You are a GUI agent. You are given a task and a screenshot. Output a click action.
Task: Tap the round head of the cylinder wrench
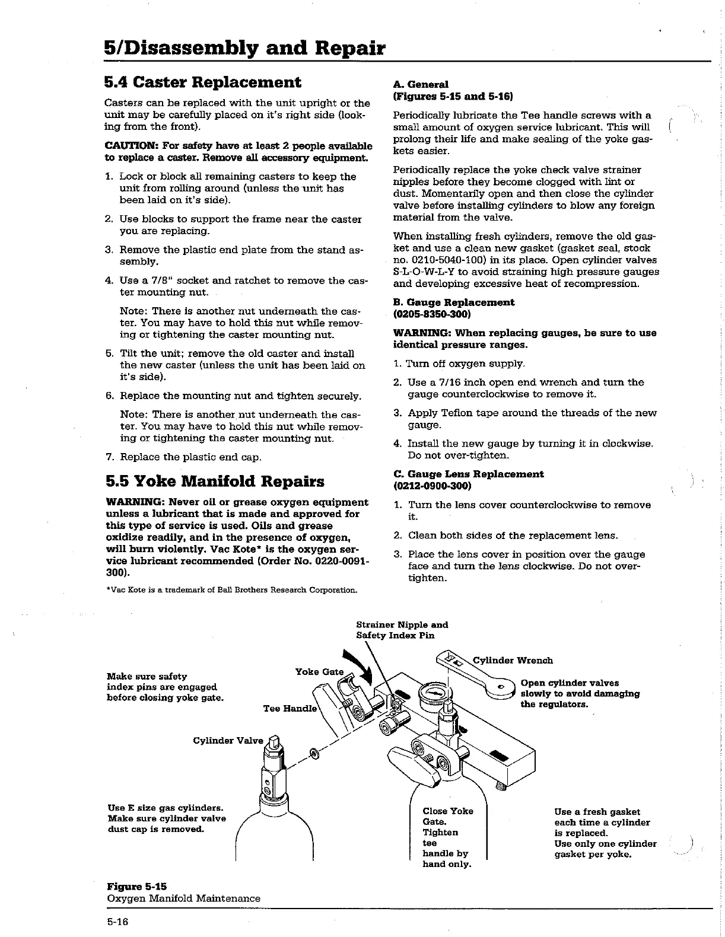[501, 687]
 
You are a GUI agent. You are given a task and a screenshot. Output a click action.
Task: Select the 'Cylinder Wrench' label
[513, 661]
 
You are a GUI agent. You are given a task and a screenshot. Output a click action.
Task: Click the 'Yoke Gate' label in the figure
[319, 672]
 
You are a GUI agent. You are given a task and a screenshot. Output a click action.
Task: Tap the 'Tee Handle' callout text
[291, 709]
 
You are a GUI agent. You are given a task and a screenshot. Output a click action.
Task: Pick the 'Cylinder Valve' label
[228, 741]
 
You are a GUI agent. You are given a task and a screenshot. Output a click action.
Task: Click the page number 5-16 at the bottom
[117, 922]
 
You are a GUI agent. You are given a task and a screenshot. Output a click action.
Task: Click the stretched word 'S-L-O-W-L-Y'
[427, 272]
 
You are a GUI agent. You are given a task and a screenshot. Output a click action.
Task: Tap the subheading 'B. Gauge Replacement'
[454, 302]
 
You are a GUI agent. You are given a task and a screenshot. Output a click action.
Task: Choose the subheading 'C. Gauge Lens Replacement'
[468, 474]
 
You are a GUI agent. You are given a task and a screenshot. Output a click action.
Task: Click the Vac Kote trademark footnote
[231, 590]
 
